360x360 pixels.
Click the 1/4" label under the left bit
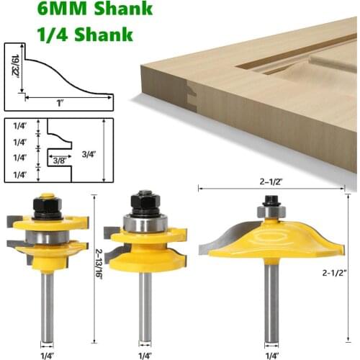pyautogui.click(x=47, y=354)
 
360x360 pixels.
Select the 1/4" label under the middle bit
pyautogui.click(x=145, y=354)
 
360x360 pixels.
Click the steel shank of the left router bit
pyautogui.click(x=47, y=310)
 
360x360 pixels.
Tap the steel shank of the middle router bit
pyautogui.click(x=145, y=310)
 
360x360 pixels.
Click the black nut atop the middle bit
pyautogui.click(x=145, y=200)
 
